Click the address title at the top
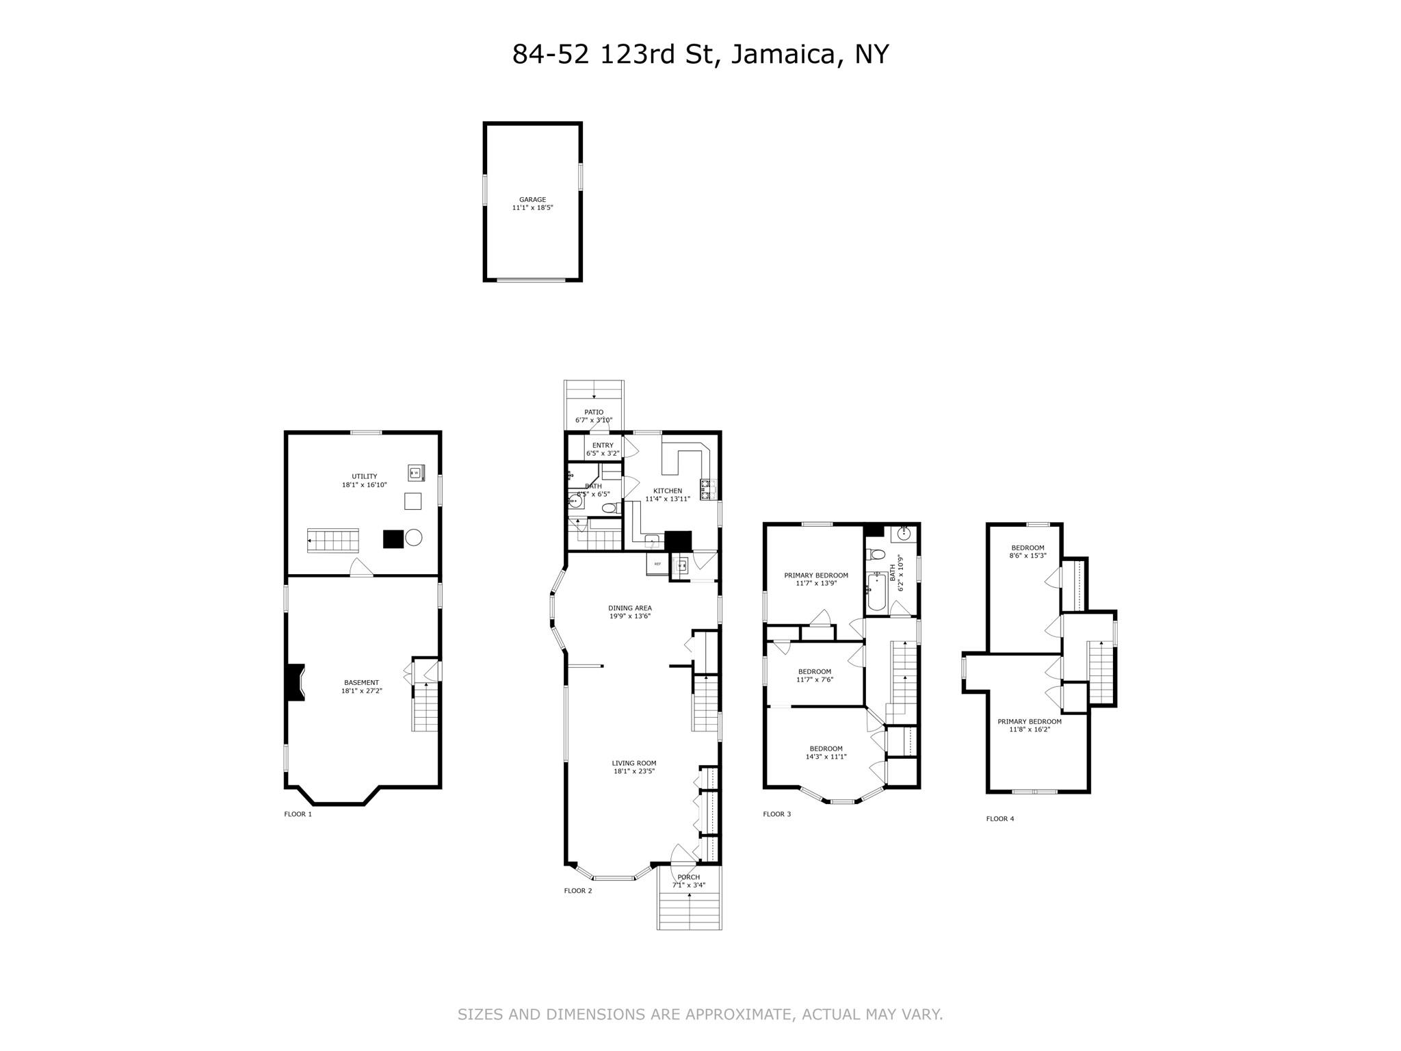[700, 54]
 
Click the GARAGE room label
[532, 200]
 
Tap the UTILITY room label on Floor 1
[364, 476]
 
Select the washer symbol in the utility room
[415, 472]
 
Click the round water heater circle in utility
[413, 538]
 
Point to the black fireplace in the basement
[295, 682]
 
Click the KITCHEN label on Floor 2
[667, 491]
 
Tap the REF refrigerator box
[657, 565]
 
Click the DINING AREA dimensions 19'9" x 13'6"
[629, 617]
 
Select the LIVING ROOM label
[633, 763]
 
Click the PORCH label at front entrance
[688, 877]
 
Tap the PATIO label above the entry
[593, 412]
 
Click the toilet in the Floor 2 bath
[609, 508]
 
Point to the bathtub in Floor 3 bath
[876, 593]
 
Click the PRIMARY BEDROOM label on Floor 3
[815, 575]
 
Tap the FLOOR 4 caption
[999, 818]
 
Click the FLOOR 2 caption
[577, 890]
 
